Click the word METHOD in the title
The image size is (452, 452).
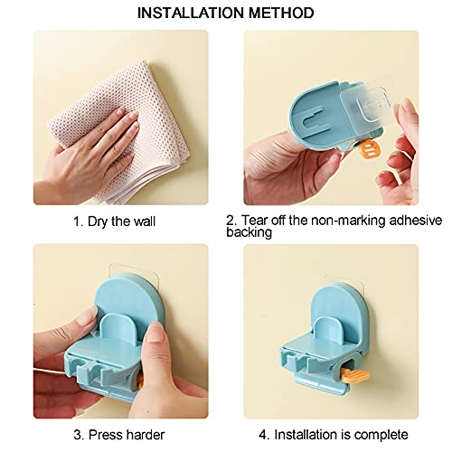(x=283, y=13)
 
